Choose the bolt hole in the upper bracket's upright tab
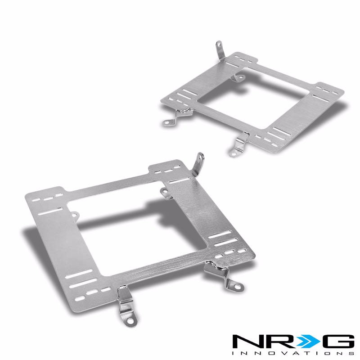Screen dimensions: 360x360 tap(219, 45)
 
